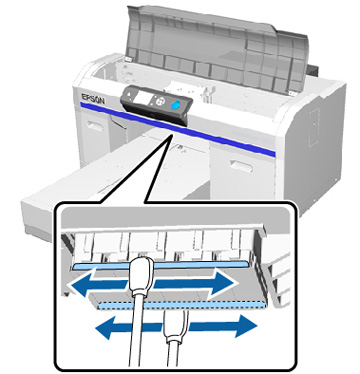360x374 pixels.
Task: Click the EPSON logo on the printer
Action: click(x=92, y=98)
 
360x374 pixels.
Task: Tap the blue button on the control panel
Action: click(x=176, y=104)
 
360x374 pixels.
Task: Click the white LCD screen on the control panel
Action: click(x=144, y=97)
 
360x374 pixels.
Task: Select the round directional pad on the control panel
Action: click(x=160, y=101)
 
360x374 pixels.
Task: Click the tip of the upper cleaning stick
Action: click(x=141, y=257)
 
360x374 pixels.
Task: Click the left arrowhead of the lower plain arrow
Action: click(x=104, y=328)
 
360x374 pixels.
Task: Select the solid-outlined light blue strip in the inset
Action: click(x=160, y=265)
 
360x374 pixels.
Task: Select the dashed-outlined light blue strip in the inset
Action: click(x=182, y=305)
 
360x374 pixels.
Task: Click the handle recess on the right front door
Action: click(x=242, y=165)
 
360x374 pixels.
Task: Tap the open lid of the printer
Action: click(x=218, y=47)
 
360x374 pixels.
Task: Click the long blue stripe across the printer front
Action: click(x=177, y=129)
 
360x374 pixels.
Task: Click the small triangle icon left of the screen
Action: click(x=130, y=94)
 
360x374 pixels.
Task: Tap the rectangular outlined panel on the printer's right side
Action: click(x=314, y=127)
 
